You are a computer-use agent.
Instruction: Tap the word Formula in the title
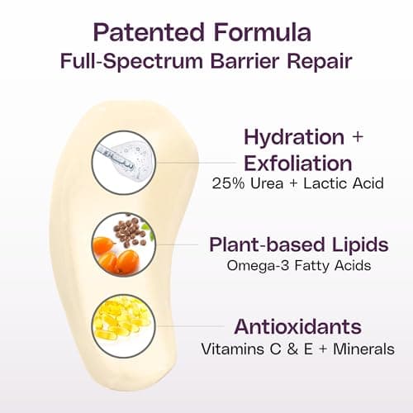[x=263, y=32]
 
